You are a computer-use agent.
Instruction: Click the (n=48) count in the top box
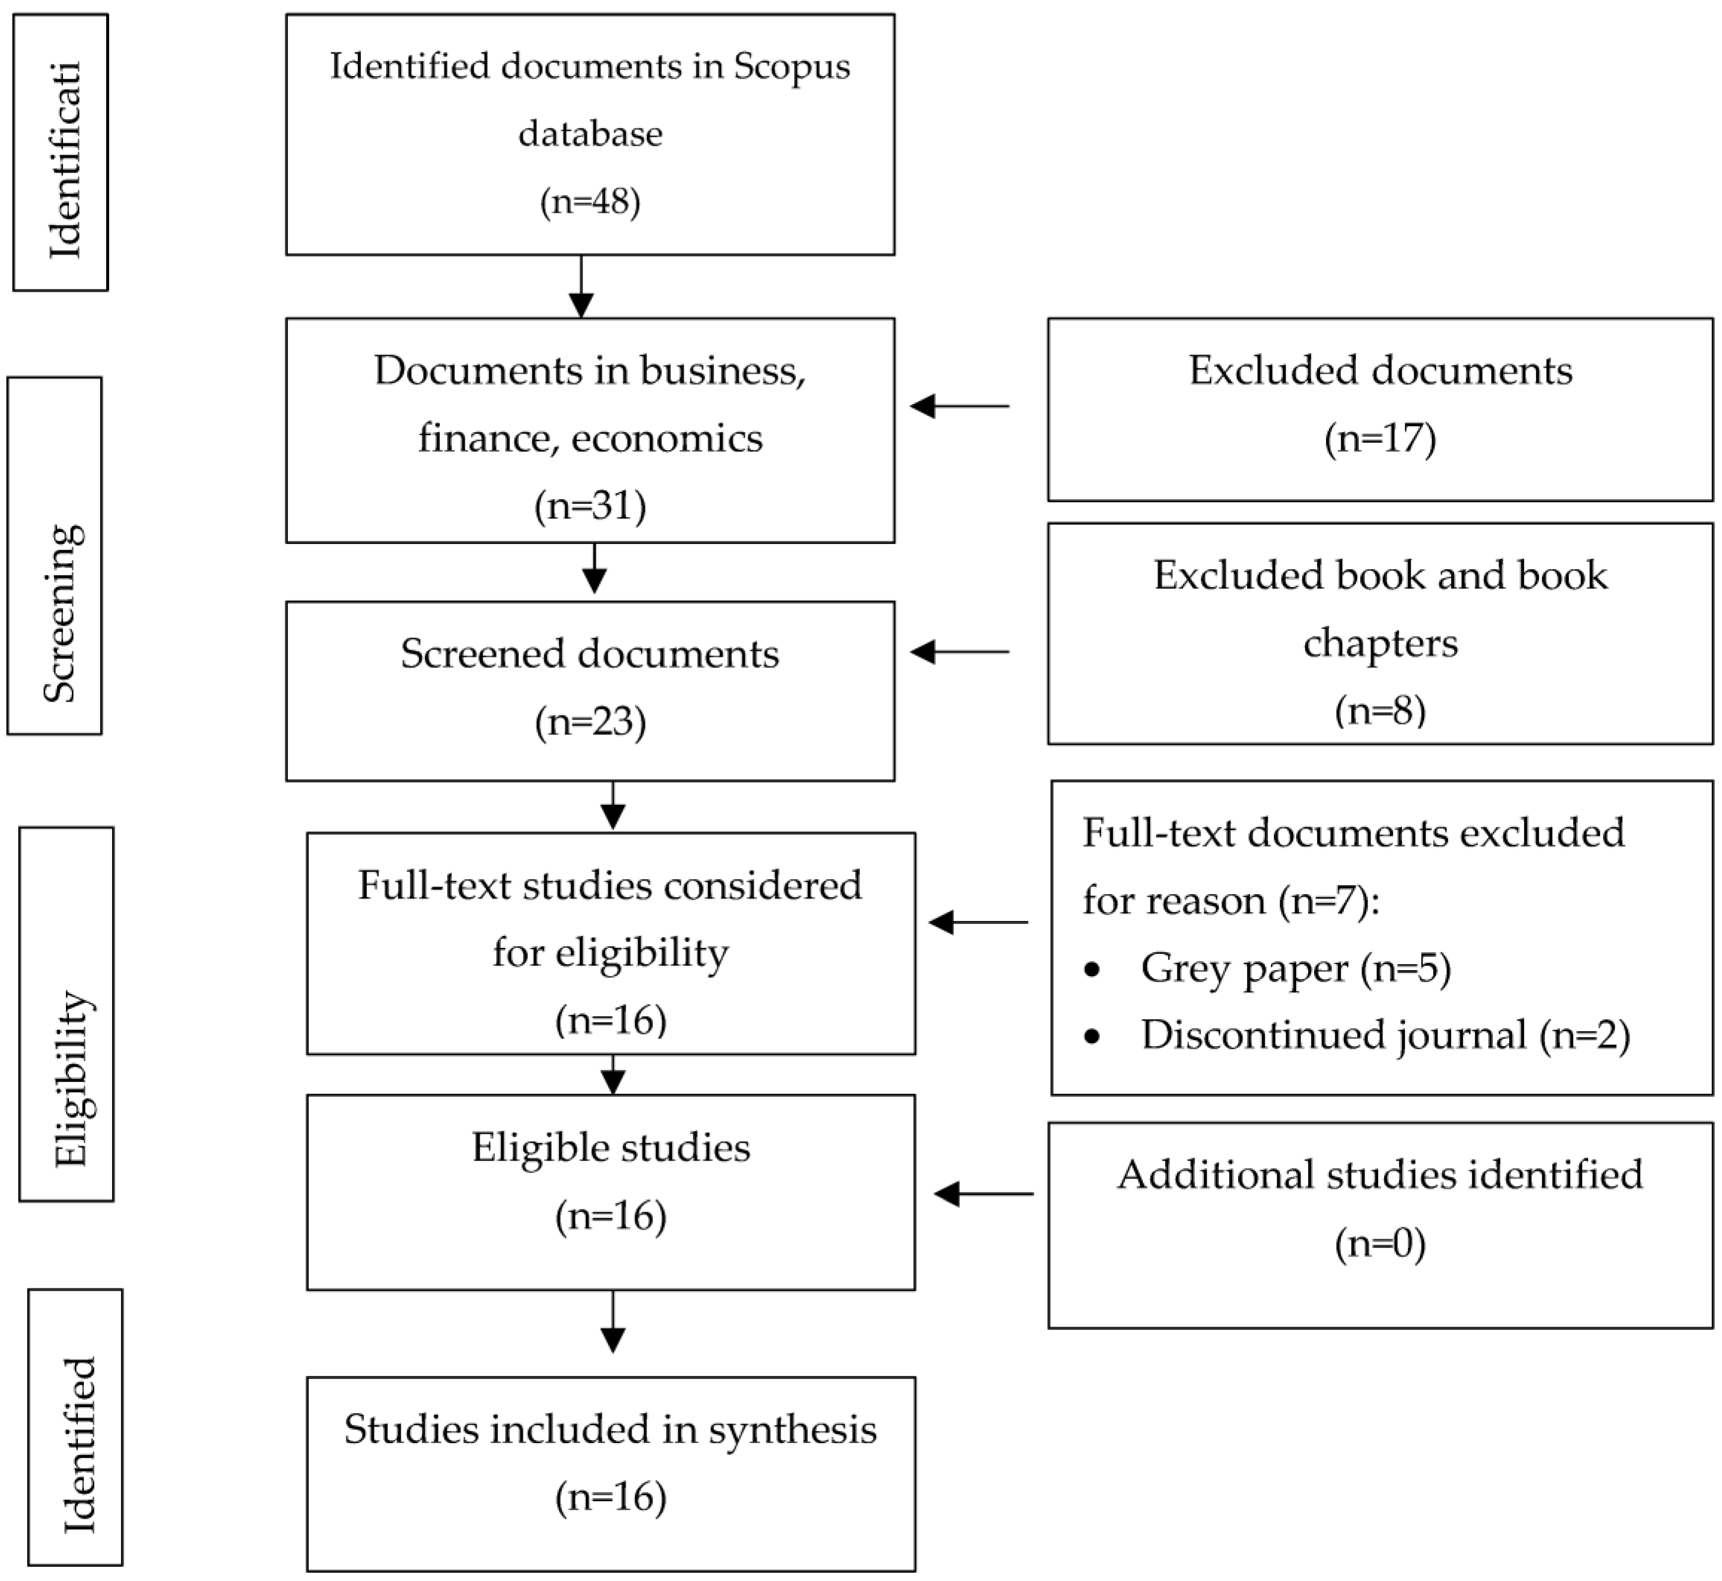click(x=590, y=202)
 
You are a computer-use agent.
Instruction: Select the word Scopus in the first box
click(x=792, y=66)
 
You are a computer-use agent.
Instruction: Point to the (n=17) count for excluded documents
click(x=1380, y=438)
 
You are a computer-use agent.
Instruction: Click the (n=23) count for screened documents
click(x=590, y=721)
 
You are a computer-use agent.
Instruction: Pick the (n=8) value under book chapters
click(x=1380, y=710)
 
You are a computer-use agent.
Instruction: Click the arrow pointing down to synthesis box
click(x=612, y=1322)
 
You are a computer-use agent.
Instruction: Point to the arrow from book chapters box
click(x=959, y=652)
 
